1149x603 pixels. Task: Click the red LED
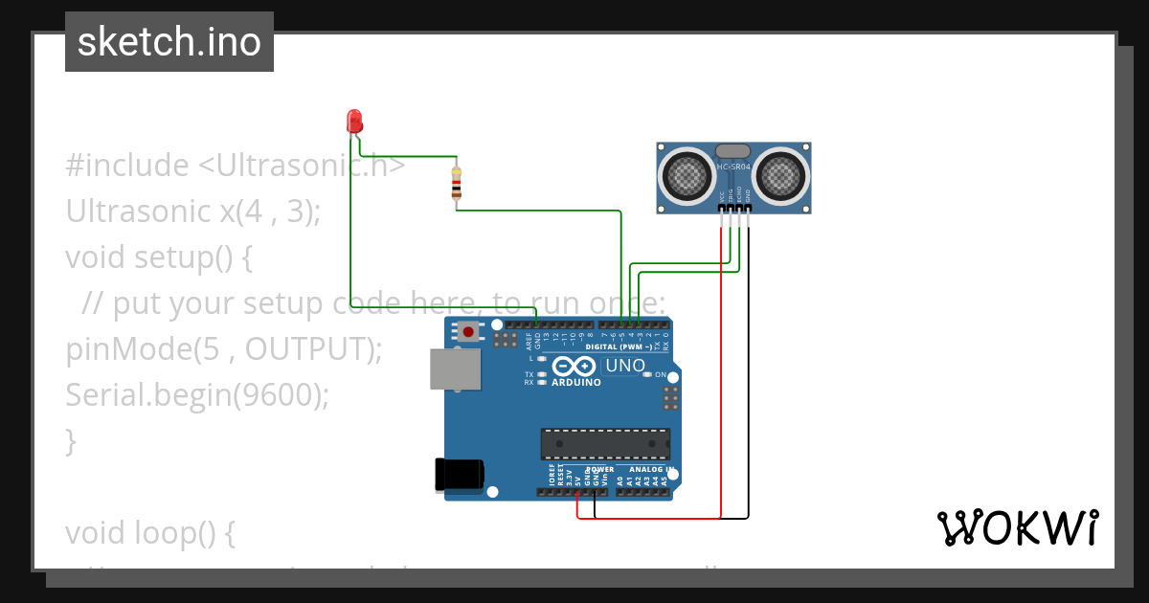pyautogui.click(x=354, y=122)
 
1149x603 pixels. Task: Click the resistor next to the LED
pyautogui.click(x=456, y=184)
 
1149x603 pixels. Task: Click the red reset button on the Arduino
pyautogui.click(x=468, y=332)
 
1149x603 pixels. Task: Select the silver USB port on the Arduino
pyautogui.click(x=454, y=368)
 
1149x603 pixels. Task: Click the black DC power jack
pyautogui.click(x=459, y=475)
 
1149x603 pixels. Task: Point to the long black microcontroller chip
pyautogui.click(x=605, y=444)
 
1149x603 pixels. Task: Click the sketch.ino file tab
pyautogui.click(x=169, y=42)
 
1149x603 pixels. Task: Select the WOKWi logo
pyautogui.click(x=1017, y=527)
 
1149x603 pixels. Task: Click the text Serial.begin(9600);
pyautogui.click(x=196, y=394)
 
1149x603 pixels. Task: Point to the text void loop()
pyautogui.click(x=149, y=532)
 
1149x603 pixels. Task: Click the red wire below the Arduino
pyautogui.click(x=651, y=519)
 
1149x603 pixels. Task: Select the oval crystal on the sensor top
pyautogui.click(x=733, y=150)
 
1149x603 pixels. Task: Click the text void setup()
pyautogui.click(x=158, y=257)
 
